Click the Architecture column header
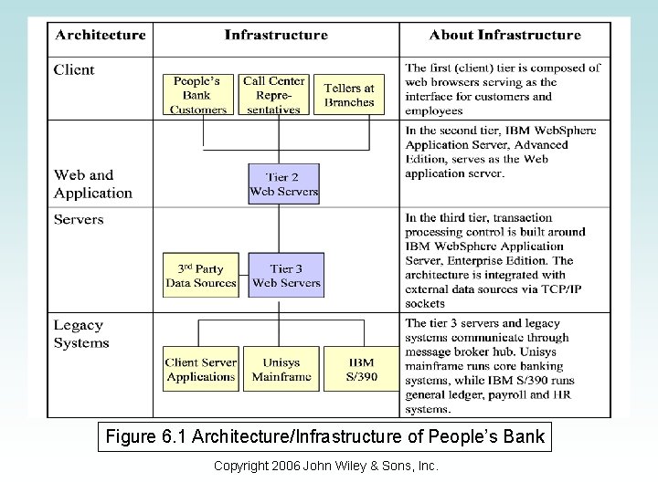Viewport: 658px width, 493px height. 101,36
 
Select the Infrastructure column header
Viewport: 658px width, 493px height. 276,36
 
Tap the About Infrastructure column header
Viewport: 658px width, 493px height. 504,36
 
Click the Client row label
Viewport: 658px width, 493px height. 74,69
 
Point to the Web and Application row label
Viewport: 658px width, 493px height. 93,184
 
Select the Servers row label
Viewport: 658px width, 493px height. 79,219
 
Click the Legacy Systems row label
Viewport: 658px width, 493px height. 81,334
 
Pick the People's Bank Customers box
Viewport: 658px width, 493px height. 198,95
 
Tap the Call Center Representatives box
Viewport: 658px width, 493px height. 273,95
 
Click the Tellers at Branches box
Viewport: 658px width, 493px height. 349,95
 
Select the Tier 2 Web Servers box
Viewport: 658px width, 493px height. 284,184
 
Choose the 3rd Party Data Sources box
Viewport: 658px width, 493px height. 200,275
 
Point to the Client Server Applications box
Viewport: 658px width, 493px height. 200,369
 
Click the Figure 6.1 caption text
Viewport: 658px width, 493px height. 325,437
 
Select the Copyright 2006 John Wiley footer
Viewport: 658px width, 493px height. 325,467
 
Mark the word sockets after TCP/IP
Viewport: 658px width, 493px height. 425,303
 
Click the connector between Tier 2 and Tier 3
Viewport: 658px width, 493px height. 284,228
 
